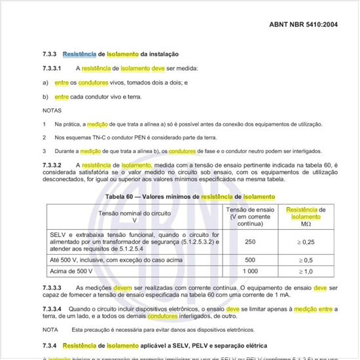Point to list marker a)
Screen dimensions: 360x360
coord(45,82)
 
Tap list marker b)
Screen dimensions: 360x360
coord(45,96)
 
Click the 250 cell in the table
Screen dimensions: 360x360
coord(249,242)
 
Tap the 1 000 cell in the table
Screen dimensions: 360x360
coord(249,271)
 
